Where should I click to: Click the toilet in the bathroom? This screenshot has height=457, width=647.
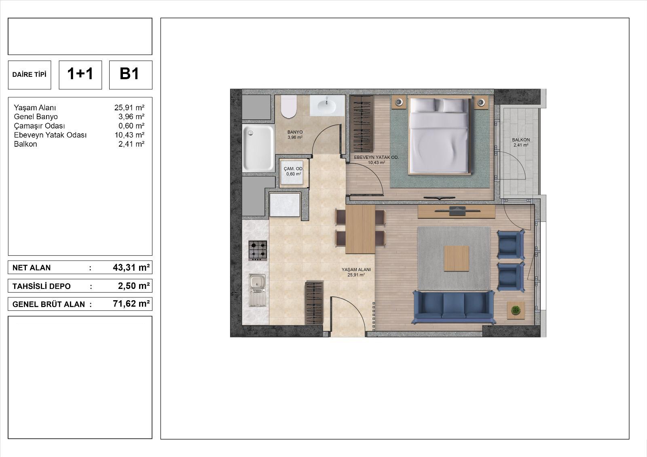tap(289, 107)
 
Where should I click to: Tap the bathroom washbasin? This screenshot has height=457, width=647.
tap(328, 105)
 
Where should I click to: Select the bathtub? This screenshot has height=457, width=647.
tap(258, 148)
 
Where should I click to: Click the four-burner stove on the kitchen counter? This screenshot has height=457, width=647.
tap(258, 250)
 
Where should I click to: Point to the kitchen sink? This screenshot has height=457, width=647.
tap(257, 290)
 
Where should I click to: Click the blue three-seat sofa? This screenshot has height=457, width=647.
tap(453, 307)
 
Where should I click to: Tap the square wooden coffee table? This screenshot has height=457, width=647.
tap(456, 258)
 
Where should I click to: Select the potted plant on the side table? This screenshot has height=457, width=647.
tap(516, 310)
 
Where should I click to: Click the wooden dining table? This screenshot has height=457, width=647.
tap(360, 229)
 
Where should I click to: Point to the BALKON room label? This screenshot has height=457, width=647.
tap(521, 140)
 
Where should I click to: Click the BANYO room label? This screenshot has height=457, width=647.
tap(295, 132)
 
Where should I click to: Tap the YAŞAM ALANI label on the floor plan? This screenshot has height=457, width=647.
tap(356, 270)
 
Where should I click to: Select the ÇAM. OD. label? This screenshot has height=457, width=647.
tap(294, 168)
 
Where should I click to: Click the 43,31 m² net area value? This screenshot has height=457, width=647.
tap(131, 267)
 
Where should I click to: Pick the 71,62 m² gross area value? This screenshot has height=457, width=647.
tap(131, 304)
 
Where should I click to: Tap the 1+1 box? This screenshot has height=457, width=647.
tap(80, 75)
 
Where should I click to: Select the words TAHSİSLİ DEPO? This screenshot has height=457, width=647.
tap(41, 286)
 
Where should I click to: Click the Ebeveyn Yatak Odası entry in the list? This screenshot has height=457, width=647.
tap(50, 135)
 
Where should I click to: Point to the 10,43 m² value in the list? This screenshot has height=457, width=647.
tap(129, 135)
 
